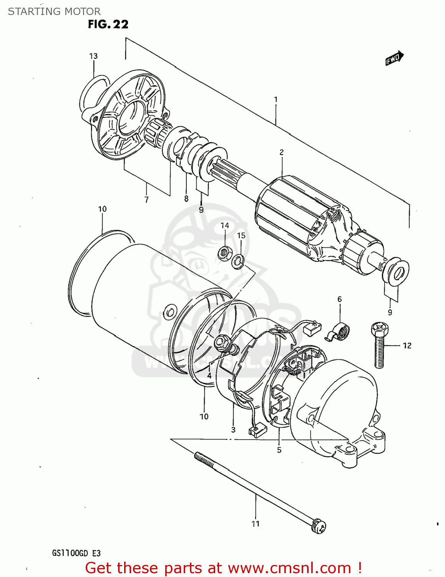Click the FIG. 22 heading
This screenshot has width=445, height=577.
(108, 24)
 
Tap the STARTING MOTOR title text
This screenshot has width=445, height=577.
(54, 11)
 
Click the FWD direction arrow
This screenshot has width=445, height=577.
(394, 58)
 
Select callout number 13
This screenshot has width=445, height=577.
(93, 56)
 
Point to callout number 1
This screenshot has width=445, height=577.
(276, 100)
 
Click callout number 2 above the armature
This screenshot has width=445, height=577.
(282, 152)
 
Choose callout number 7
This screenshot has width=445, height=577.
(146, 200)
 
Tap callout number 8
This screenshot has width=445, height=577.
(186, 198)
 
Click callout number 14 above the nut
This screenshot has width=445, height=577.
(225, 226)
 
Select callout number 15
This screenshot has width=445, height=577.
(241, 235)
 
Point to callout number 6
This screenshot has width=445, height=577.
(339, 299)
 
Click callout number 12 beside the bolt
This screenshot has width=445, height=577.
(407, 345)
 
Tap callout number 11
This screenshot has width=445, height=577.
(256, 524)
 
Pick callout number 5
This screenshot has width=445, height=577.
(279, 450)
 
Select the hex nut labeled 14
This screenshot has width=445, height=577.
(224, 253)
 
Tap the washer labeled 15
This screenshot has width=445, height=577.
(238, 262)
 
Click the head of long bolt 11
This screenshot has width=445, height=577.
(319, 526)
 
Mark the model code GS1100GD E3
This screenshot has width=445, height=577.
(76, 553)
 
